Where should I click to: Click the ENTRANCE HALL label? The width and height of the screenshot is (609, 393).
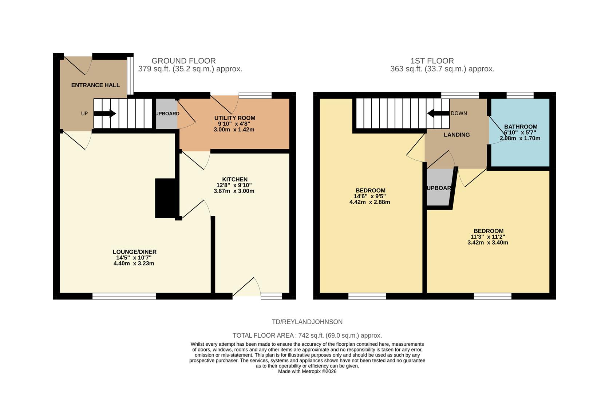click(x=95, y=85)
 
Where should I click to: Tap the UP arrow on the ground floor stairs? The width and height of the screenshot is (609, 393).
click(x=105, y=114)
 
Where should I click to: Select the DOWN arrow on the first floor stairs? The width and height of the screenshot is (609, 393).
click(x=438, y=114)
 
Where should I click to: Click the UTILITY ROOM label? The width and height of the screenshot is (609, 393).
click(x=234, y=118)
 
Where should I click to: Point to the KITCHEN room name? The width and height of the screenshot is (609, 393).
click(x=235, y=179)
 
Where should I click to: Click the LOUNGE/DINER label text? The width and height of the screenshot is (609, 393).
click(x=134, y=252)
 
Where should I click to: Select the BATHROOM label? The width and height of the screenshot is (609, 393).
click(x=520, y=127)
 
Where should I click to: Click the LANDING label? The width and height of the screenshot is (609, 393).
click(x=456, y=135)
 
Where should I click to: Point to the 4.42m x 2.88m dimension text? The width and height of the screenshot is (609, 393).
click(x=369, y=202)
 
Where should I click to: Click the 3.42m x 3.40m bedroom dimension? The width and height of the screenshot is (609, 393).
click(x=487, y=242)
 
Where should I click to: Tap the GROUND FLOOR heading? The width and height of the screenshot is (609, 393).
click(x=183, y=61)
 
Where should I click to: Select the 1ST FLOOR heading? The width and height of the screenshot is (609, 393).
click(x=432, y=61)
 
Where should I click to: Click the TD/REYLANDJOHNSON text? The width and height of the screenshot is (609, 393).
click(x=307, y=322)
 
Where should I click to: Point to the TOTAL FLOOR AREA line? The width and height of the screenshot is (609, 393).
click(x=307, y=336)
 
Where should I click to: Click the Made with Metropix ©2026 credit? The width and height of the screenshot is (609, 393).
click(x=307, y=372)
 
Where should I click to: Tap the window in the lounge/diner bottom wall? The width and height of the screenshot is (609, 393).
click(x=124, y=297)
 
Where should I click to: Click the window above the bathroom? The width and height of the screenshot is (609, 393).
click(x=520, y=95)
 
